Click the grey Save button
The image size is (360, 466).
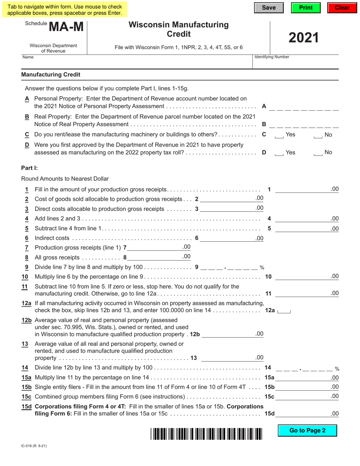[269, 8]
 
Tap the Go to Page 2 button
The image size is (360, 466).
[307, 430]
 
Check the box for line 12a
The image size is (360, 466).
[284, 311]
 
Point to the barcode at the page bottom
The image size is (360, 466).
[207, 433]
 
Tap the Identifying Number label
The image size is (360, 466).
[272, 57]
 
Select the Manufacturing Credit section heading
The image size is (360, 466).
[51, 75]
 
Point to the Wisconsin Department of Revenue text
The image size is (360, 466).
[53, 48]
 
